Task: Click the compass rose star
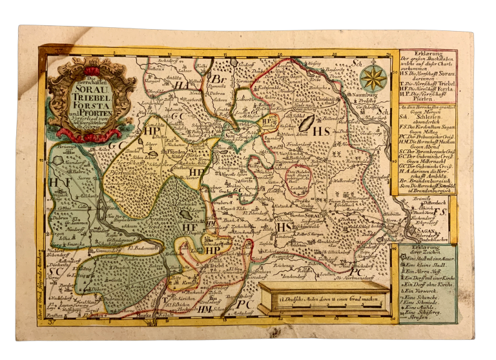(373, 78)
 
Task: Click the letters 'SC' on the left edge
(56, 272)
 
